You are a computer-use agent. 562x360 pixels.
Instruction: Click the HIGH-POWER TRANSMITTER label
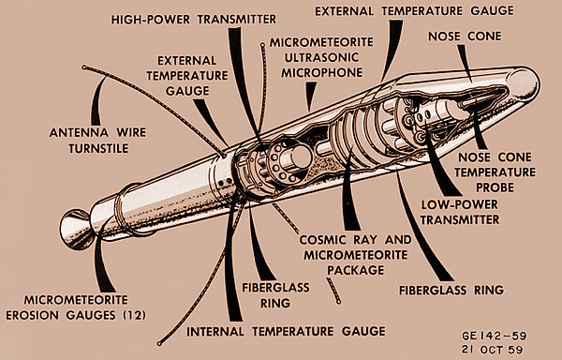[194, 20]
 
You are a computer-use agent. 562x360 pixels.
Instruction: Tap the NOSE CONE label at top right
[465, 37]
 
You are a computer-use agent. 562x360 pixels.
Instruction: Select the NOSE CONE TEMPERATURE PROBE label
[495, 172]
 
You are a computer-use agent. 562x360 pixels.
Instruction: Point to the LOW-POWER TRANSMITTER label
[460, 212]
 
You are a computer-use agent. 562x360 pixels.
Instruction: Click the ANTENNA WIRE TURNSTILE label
[97, 141]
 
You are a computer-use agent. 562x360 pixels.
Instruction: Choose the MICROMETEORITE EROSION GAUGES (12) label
[76, 307]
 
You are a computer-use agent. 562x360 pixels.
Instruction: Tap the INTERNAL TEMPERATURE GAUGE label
[286, 331]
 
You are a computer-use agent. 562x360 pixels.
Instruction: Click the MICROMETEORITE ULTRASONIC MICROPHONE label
[321, 57]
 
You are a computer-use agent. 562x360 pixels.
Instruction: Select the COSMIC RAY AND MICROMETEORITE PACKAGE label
[355, 255]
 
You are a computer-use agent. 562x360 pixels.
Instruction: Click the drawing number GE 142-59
[495, 336]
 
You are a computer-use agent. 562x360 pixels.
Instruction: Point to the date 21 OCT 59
[493, 350]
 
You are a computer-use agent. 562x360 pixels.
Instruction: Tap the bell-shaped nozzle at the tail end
[75, 230]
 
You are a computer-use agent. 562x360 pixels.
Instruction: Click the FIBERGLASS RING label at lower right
[451, 290]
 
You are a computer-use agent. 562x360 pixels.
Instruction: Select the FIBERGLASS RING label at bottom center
[275, 295]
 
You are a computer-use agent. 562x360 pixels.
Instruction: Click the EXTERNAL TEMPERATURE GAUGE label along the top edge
[414, 11]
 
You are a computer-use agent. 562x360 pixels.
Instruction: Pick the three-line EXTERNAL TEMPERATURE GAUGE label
[187, 76]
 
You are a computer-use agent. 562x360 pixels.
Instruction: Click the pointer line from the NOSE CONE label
[466, 63]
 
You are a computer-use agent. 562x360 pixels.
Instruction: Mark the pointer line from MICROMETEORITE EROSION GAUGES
[101, 261]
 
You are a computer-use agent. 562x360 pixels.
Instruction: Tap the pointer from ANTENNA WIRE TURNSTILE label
[97, 101]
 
